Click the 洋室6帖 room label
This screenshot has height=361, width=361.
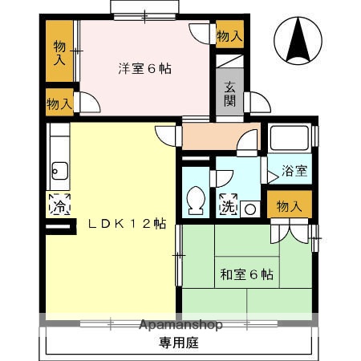(144, 68)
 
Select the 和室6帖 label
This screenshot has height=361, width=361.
(246, 274)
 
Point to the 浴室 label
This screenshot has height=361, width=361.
(294, 170)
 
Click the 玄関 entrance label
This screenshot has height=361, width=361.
(229, 94)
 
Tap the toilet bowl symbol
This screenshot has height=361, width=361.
(195, 200)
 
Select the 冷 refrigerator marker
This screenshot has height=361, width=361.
(59, 205)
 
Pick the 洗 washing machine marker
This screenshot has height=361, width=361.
(229, 205)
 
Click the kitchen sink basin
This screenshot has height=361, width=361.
(59, 169)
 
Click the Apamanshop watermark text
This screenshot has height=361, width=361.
(180, 325)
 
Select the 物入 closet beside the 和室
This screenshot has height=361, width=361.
(289, 206)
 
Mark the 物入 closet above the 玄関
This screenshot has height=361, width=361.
(229, 35)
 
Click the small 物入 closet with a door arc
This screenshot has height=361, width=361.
(59, 103)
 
